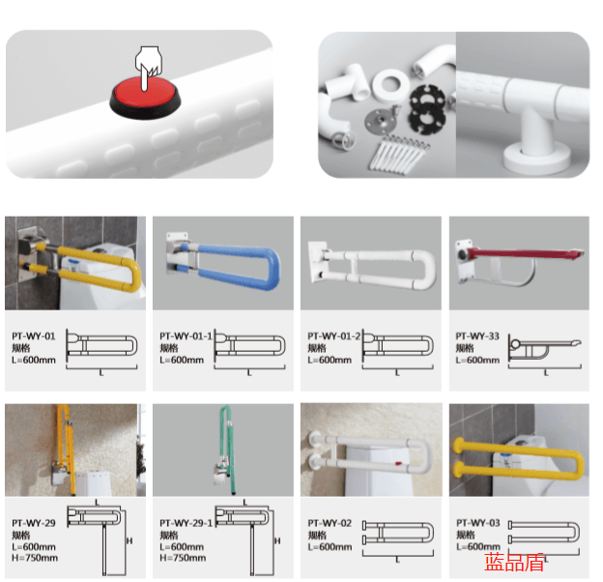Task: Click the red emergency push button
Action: pos(145,97)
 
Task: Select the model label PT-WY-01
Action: pos(34,336)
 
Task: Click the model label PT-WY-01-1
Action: pos(186,336)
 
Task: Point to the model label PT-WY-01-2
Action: pos(333,336)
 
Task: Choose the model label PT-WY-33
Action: pos(477,336)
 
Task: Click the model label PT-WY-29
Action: pos(34,523)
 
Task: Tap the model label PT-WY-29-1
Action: pos(186,523)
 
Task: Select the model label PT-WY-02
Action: pos(330,523)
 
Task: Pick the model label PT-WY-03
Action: pos(478,523)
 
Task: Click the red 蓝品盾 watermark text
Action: pos(514,562)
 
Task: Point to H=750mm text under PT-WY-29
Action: pos(35,558)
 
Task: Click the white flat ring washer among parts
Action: pos(390,85)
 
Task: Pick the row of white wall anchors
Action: pos(398,155)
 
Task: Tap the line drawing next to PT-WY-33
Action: pos(545,347)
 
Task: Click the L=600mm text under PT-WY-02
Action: pos(330,547)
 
